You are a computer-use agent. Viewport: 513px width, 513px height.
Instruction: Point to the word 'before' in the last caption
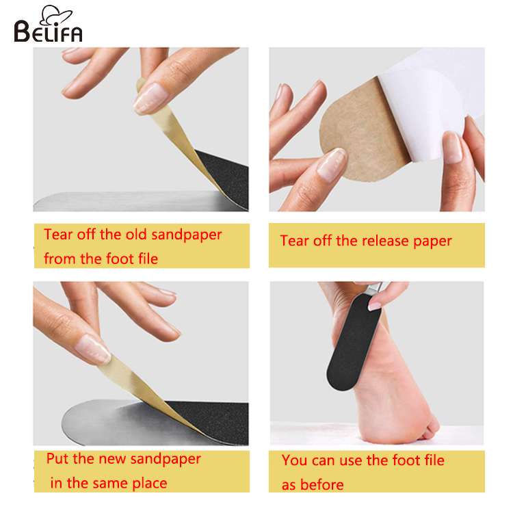tap(321, 485)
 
